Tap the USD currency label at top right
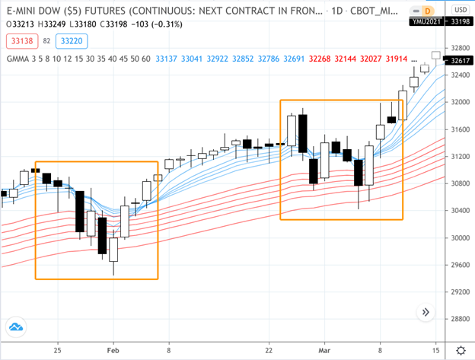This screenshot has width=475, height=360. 461,9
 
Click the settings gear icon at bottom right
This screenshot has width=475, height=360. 461,349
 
